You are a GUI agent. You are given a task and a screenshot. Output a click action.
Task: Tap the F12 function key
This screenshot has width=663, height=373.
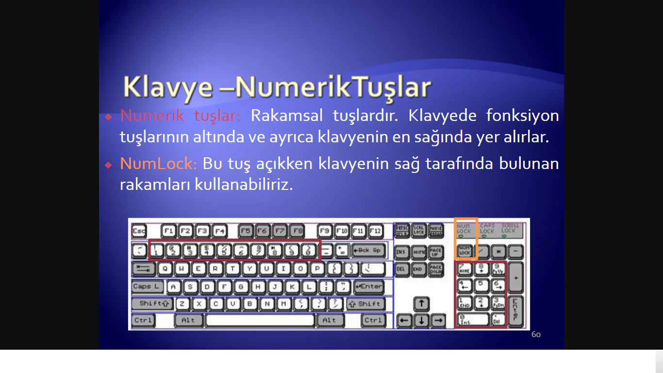point(375,231)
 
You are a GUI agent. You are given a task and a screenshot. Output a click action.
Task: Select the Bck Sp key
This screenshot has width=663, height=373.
point(367,251)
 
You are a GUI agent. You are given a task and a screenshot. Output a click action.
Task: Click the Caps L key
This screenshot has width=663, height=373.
point(145,287)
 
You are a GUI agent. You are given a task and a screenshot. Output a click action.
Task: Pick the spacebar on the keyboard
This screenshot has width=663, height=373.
point(260,320)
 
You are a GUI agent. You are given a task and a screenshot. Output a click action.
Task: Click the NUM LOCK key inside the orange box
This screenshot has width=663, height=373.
point(464,251)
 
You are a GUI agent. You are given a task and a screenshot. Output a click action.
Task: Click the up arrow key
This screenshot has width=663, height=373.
point(421,304)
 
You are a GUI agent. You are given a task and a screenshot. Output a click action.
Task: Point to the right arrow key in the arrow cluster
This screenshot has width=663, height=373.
point(438,321)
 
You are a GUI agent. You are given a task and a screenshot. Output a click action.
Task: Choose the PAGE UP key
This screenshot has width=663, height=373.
point(435,252)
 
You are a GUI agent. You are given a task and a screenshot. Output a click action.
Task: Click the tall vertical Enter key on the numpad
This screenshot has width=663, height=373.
point(515,311)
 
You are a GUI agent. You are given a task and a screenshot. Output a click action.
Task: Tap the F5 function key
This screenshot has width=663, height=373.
point(246,231)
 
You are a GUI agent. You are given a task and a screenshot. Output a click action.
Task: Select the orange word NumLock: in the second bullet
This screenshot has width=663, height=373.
point(158,164)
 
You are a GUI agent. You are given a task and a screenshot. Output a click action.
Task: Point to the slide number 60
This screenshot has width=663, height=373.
point(536,335)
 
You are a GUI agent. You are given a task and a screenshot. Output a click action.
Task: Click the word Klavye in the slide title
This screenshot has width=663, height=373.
point(167,87)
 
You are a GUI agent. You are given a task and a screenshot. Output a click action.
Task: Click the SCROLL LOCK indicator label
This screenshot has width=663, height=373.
point(510,228)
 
